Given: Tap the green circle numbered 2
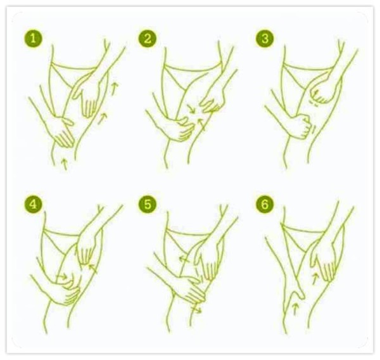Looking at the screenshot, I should coord(149,39).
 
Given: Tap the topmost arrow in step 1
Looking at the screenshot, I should coord(115,89).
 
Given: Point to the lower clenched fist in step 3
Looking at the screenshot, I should coord(300,124).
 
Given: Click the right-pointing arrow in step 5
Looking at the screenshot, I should coord(198,311).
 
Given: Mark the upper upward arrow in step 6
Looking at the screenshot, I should coord(315,276).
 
